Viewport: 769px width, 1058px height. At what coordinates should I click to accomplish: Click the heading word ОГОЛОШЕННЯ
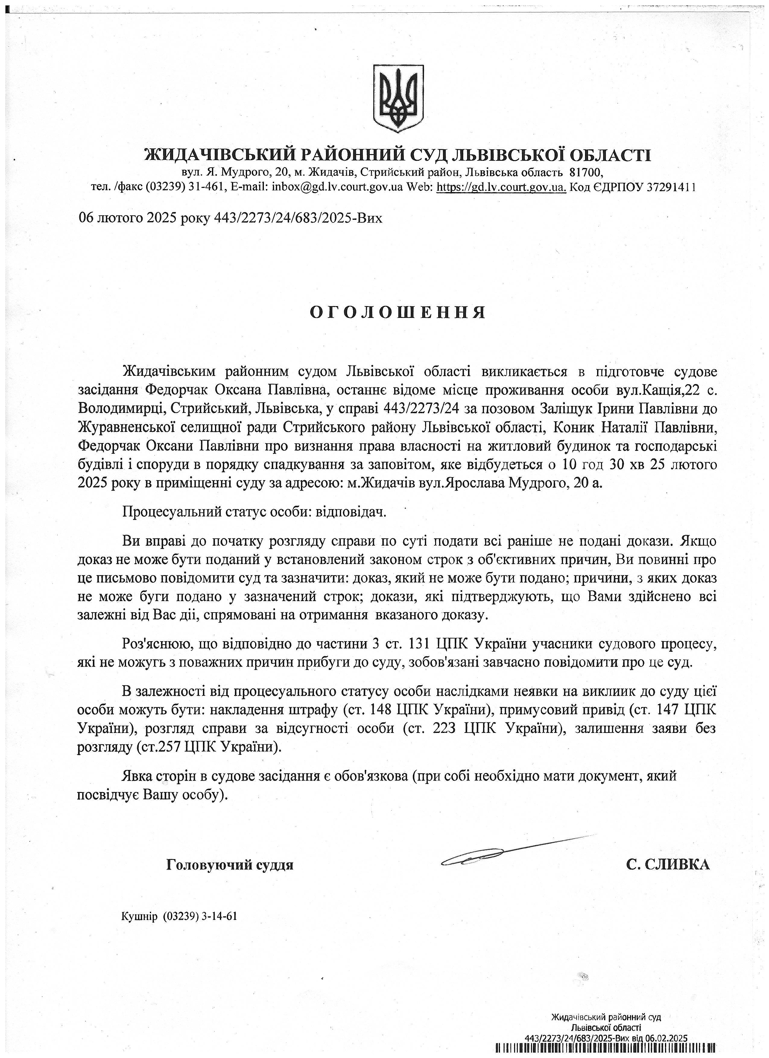[398, 312]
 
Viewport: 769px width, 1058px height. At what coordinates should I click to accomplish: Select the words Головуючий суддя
[230, 865]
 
